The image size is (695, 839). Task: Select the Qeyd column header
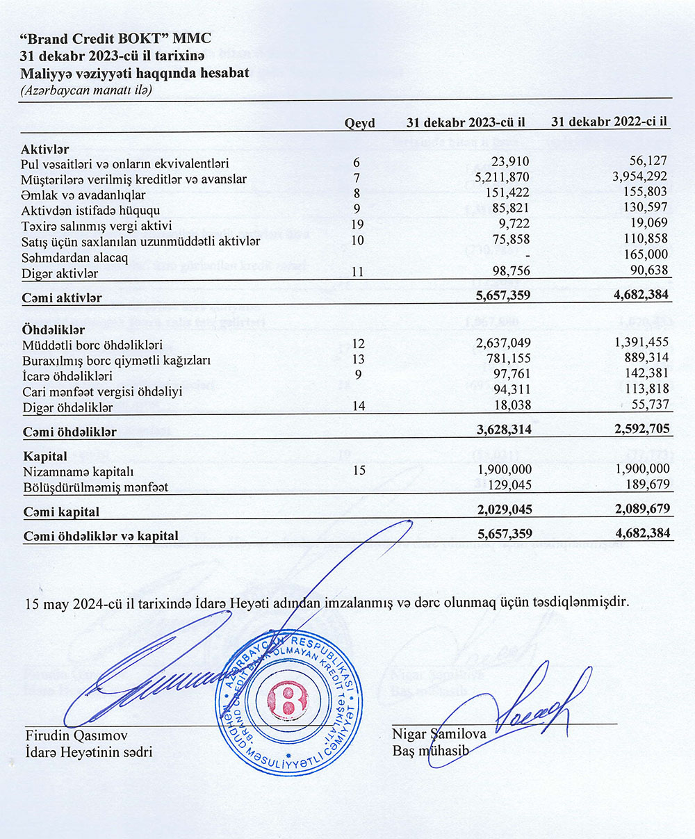(x=359, y=123)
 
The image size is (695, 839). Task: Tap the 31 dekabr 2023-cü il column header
(x=465, y=122)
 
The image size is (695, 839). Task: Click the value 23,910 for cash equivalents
(x=510, y=163)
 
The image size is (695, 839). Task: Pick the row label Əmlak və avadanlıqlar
(x=83, y=195)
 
